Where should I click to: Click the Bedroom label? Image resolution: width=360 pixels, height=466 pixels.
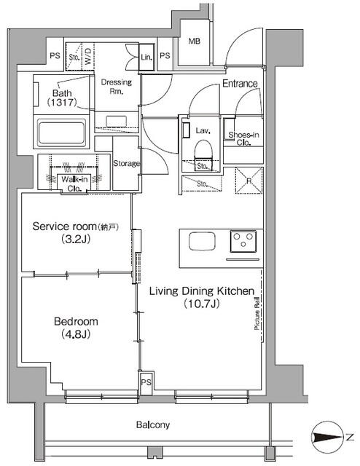coord(76,322)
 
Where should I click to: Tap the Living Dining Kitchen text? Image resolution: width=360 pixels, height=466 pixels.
coord(202,291)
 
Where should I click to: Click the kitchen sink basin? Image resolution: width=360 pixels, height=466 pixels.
coord(202,242)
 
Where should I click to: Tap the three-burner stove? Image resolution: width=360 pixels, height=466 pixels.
coord(243,241)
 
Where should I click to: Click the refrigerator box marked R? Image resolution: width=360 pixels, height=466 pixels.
coord(249,181)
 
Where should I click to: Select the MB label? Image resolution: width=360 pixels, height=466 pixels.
coord(195,42)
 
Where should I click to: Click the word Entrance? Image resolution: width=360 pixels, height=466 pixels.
coord(240,84)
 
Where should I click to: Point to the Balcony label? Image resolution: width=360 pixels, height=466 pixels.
coord(153,425)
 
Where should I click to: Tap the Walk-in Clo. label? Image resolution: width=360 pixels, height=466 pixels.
coord(74,183)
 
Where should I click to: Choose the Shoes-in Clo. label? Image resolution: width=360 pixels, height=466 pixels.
coord(243,138)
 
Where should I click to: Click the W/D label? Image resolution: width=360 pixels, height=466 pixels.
coord(89,57)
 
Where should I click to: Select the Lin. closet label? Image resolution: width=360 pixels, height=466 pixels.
coord(146,57)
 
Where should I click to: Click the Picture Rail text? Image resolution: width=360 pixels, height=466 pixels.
coord(257,314)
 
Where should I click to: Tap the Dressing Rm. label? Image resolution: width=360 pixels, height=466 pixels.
coord(117,87)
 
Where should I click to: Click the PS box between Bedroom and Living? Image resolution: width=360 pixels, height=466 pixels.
coord(146,383)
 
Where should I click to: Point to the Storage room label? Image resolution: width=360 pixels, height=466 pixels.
coord(126,163)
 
